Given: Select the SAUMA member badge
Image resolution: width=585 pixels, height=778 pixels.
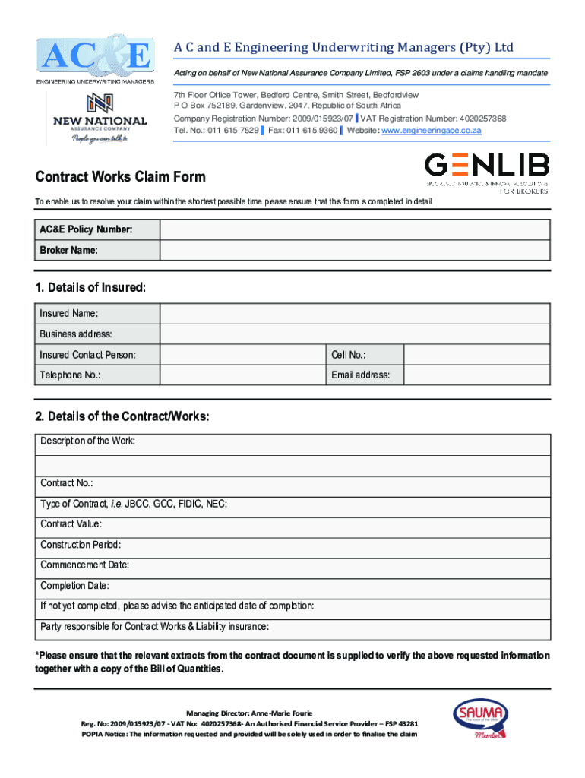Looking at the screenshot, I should coord(479,717).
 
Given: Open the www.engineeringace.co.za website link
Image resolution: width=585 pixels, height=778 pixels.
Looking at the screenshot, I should coord(431,131).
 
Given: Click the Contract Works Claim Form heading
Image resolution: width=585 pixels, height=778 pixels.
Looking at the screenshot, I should coord(121,177).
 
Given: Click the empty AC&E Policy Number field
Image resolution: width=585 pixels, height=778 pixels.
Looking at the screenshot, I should coord(355,229).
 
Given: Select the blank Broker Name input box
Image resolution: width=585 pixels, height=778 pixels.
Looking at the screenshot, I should coord(355,251).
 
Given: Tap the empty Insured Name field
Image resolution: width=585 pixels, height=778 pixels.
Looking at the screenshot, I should coord(355,314).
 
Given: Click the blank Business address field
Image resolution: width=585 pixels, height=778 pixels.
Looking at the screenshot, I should coord(355,334).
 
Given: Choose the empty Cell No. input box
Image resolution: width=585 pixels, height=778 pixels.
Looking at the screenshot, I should coord(476,355).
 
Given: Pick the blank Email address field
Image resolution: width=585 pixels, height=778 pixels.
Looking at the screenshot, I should coord(476,375).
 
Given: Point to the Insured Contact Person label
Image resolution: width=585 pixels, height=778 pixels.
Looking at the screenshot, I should coord(88,355).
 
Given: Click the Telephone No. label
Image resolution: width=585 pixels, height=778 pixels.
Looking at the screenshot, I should coord(71,375).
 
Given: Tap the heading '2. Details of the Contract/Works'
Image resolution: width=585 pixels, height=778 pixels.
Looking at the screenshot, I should coord(122,416).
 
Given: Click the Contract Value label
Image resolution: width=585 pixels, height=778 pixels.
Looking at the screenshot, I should coord(71,524).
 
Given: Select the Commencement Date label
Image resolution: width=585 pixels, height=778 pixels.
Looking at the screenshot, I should coord(85,565).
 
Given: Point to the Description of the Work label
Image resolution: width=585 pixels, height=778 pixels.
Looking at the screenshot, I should coord(88,441).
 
